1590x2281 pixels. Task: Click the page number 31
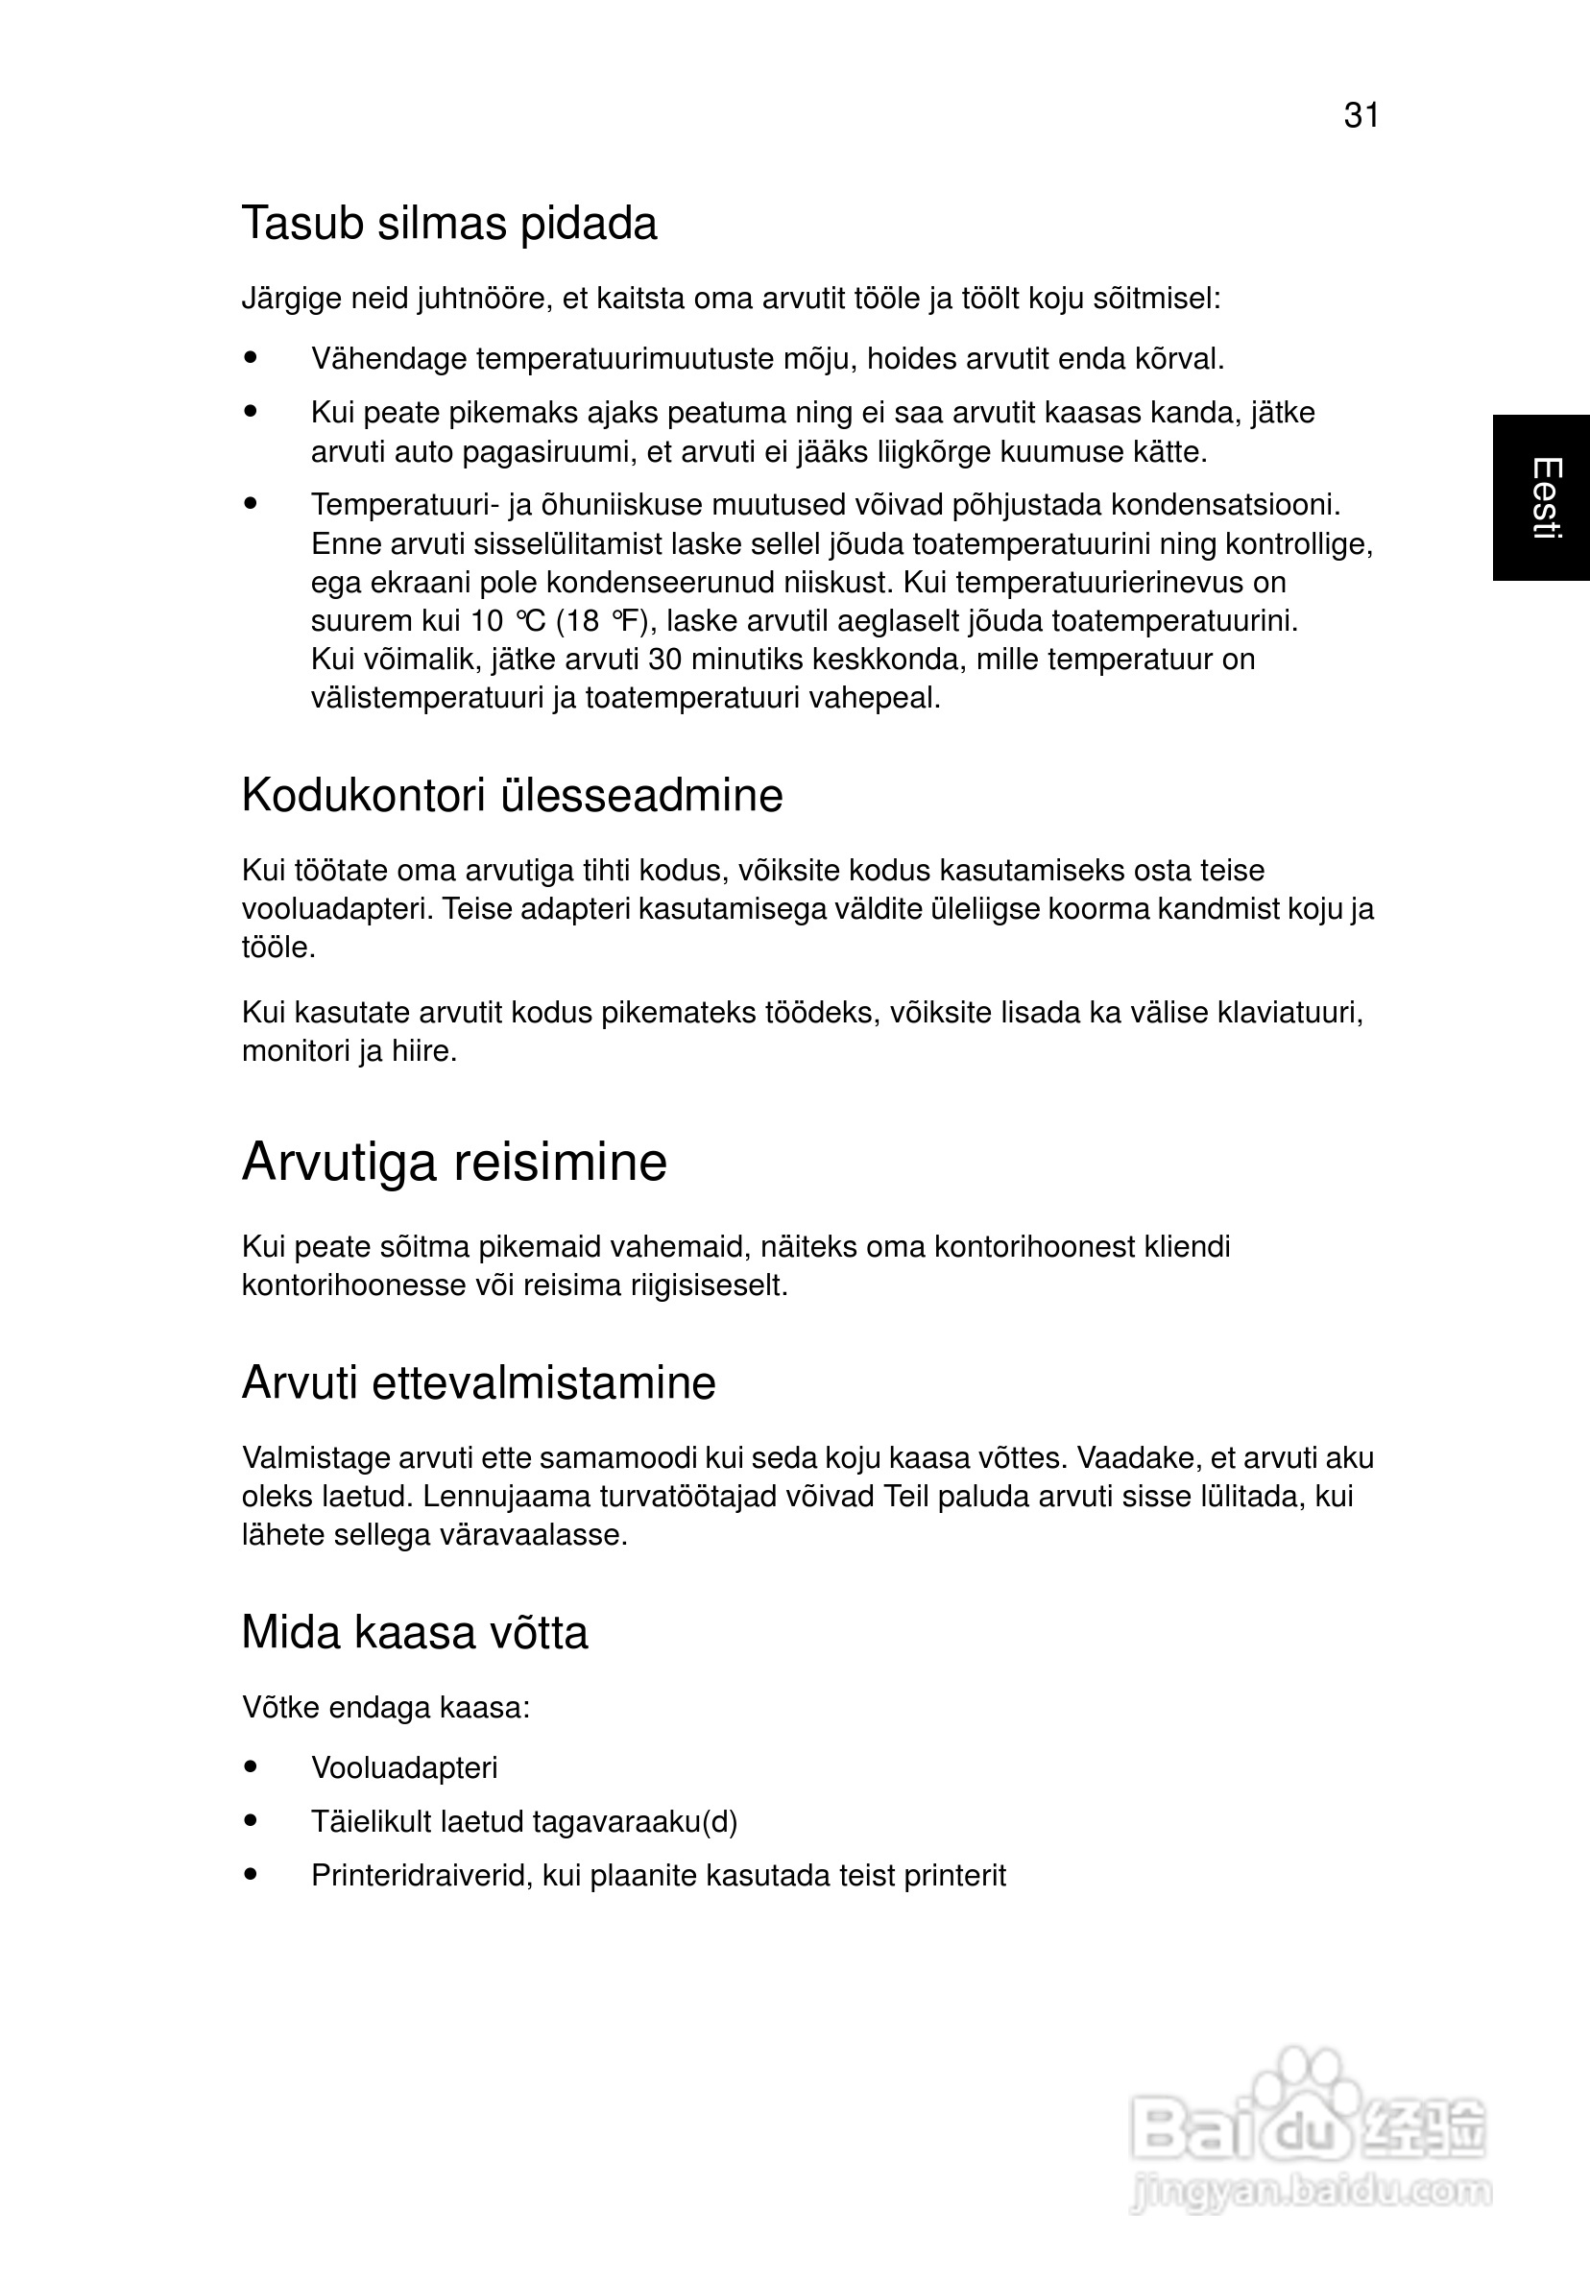(1361, 116)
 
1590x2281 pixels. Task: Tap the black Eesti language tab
(1541, 497)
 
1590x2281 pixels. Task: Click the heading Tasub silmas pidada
(449, 224)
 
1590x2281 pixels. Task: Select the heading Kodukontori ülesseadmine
(512, 796)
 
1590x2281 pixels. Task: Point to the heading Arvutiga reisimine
(454, 1162)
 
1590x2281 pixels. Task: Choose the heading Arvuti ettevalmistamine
(478, 1383)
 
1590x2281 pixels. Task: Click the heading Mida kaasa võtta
(415, 1632)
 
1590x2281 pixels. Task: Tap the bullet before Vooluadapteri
(251, 1767)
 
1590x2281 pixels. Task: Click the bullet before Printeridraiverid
(251, 1875)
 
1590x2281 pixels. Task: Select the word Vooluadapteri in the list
(403, 1768)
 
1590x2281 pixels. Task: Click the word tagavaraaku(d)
(635, 1822)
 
